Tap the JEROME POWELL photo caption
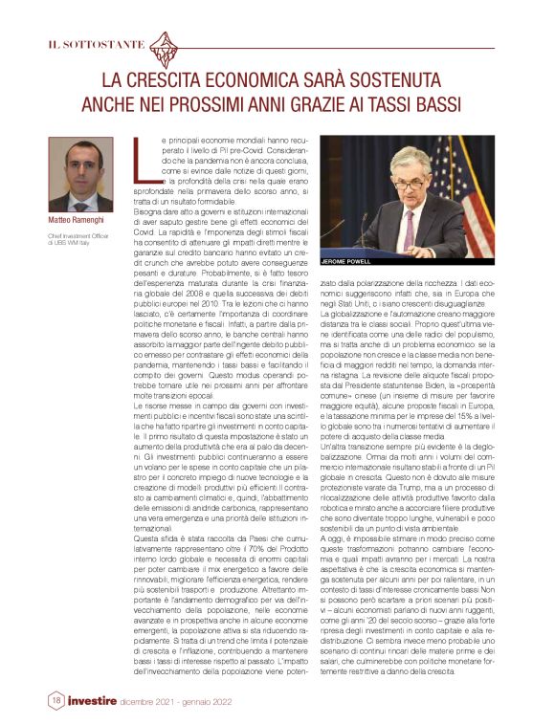(x=345, y=259)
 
